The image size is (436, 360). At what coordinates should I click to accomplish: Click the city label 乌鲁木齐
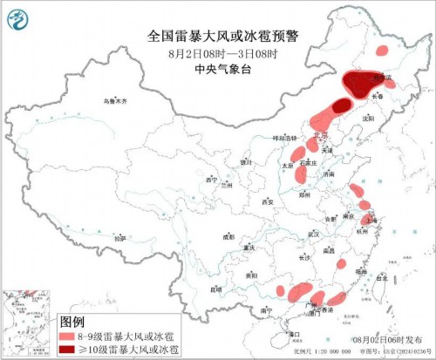[114, 102]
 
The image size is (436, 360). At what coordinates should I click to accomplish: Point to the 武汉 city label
[315, 234]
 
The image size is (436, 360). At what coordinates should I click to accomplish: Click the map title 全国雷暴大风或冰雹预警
[218, 37]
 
